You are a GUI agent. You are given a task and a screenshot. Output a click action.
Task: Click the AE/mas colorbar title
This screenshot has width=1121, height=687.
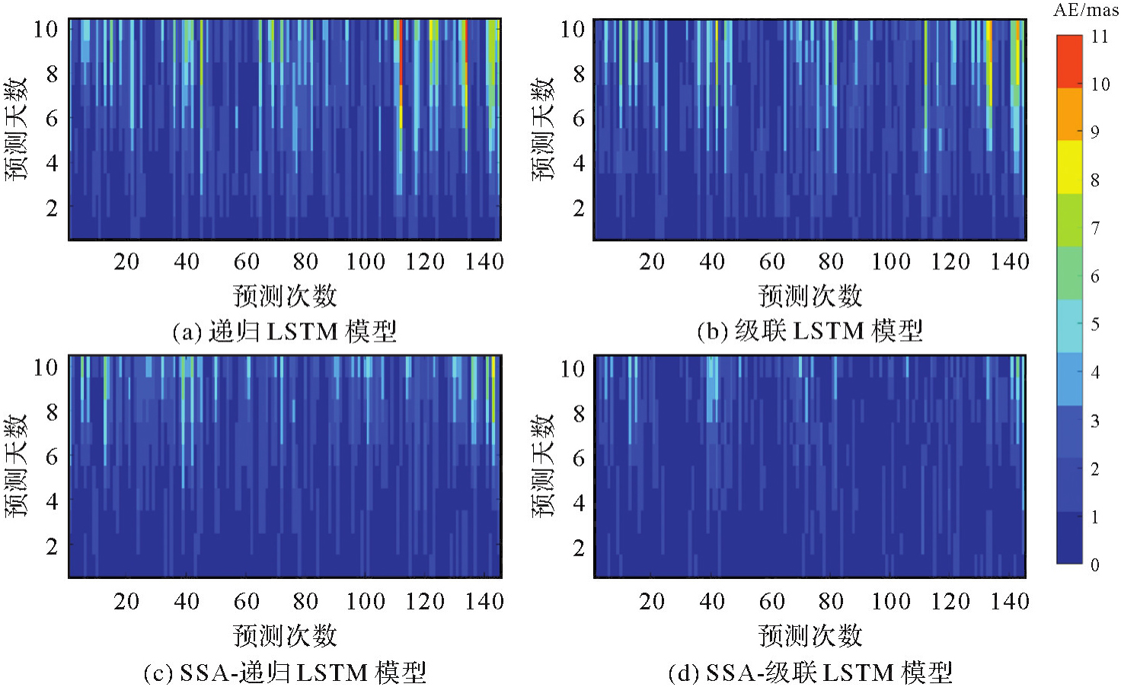1085,11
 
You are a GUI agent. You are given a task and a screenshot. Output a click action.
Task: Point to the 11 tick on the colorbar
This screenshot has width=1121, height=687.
1099,37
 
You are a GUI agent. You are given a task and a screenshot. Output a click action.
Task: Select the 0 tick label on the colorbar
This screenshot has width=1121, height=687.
1094,565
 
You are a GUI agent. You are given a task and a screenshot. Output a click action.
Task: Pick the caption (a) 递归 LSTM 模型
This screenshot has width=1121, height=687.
284,332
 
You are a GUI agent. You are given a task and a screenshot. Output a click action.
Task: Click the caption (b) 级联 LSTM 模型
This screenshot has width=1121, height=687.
810,331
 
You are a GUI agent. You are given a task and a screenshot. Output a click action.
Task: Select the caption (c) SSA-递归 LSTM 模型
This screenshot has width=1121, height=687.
284,672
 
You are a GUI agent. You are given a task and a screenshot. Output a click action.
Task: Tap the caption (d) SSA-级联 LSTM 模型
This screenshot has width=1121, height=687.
810,672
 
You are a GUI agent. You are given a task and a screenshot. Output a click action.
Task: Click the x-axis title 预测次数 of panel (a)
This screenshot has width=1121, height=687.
285,295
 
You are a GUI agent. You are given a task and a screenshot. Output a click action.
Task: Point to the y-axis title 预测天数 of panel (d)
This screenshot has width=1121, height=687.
543,466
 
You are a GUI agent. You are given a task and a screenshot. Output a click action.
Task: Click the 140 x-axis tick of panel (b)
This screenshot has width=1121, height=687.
1009,262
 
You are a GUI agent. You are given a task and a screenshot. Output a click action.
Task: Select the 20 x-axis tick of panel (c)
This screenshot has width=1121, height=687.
126,601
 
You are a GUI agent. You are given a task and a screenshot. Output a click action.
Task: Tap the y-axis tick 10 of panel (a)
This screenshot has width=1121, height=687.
46,29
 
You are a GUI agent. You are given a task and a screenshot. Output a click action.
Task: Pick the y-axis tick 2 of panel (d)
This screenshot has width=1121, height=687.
578,547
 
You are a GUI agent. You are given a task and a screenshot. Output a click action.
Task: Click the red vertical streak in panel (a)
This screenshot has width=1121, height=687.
399,68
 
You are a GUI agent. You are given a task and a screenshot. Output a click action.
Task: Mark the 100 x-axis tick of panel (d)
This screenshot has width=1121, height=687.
890,601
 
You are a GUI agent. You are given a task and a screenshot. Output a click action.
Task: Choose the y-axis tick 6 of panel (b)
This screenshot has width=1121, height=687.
578,118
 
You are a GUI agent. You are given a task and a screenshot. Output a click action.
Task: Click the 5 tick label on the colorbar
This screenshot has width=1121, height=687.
1094,324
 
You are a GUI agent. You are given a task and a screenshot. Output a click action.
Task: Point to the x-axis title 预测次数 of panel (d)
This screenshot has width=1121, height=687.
810,635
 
